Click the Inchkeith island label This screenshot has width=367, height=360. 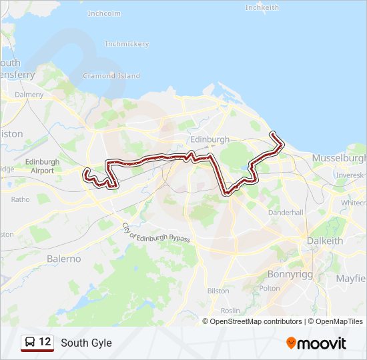[x=262, y=7]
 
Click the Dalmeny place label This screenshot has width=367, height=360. [x=29, y=95]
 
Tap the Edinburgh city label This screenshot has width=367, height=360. [x=210, y=139]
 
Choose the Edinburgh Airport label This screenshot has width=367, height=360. [x=42, y=166]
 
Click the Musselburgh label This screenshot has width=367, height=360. [x=339, y=159]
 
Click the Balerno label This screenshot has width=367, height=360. [x=63, y=259]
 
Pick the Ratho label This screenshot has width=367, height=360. [x=20, y=199]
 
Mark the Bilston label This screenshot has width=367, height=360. [x=218, y=291]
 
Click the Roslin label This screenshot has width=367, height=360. [x=230, y=311]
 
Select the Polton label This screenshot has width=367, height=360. [x=270, y=288]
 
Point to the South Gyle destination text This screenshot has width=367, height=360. [x=86, y=343]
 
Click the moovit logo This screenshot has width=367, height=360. [x=316, y=343]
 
